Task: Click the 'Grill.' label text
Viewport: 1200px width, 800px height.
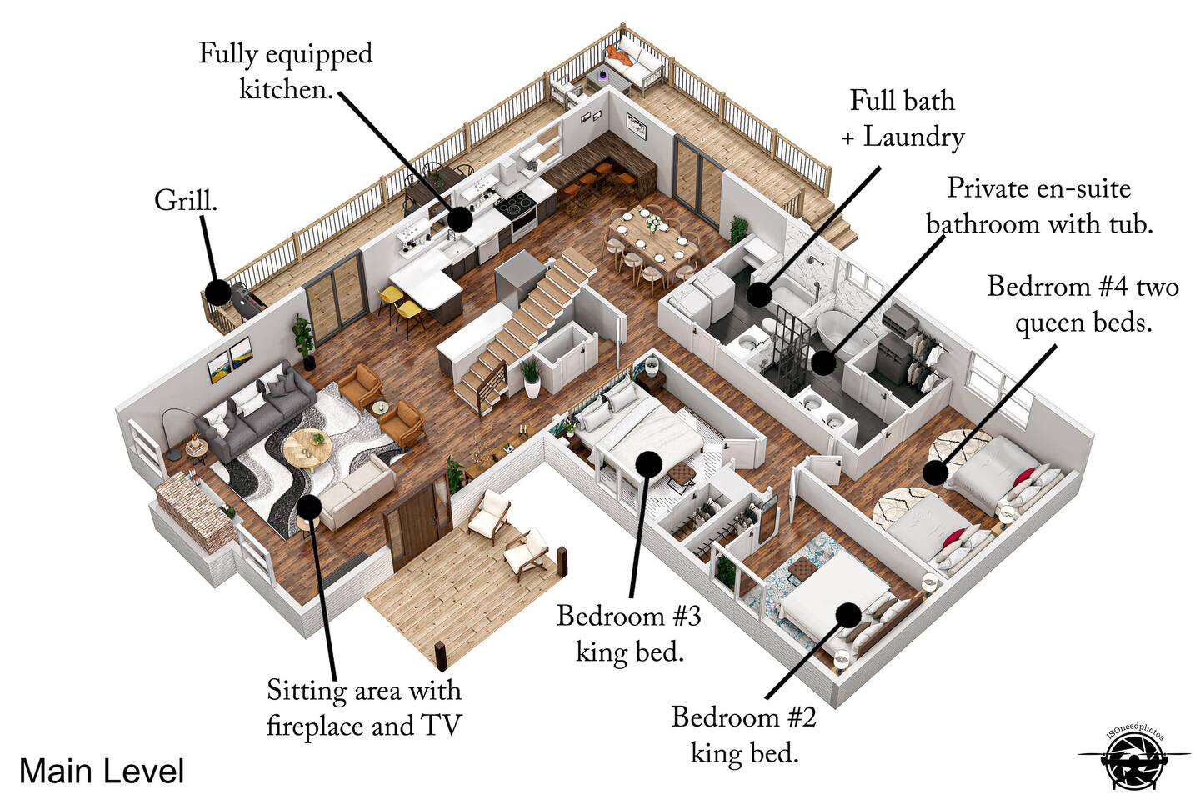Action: click(185, 201)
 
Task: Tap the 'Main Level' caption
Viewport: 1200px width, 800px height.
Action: click(101, 771)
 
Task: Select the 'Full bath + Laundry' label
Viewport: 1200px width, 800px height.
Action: click(902, 118)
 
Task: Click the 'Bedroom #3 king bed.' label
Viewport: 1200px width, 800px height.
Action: click(629, 634)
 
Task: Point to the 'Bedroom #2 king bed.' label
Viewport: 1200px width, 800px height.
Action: click(744, 735)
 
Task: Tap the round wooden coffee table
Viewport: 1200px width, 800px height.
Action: click(307, 449)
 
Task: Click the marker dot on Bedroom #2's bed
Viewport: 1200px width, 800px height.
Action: click(848, 615)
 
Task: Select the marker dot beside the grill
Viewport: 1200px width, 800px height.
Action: click(217, 292)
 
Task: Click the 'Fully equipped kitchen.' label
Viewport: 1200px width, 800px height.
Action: click(285, 72)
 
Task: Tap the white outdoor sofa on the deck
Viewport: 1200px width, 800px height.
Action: click(635, 67)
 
